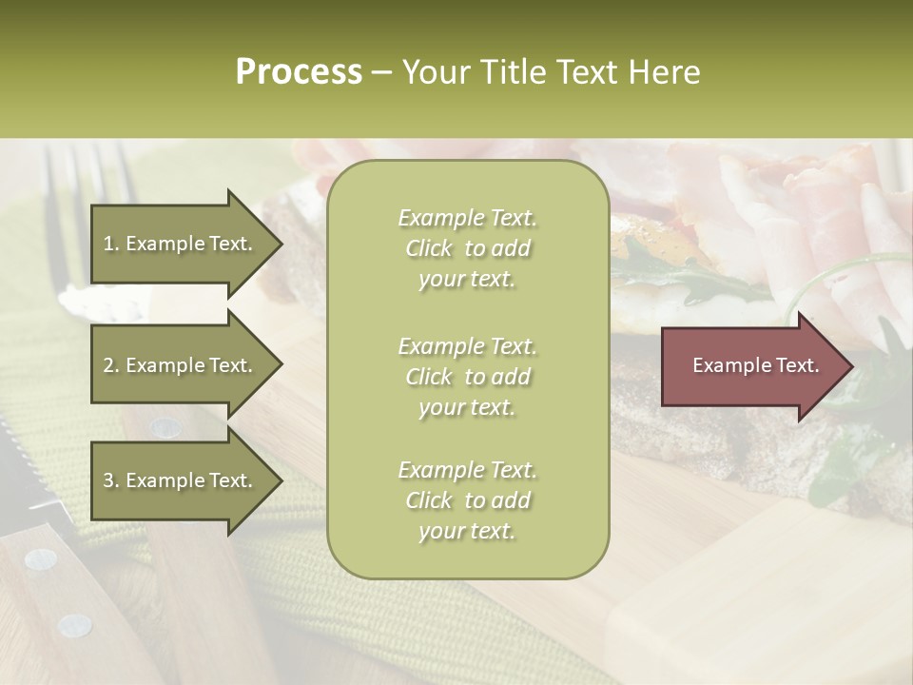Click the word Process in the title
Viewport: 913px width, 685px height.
click(299, 72)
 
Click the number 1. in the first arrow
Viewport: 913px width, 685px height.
click(111, 244)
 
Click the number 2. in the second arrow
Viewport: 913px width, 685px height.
click(111, 365)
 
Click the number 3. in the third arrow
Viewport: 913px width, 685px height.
click(111, 480)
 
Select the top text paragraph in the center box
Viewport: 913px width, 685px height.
click(467, 248)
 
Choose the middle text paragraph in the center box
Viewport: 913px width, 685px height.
click(467, 377)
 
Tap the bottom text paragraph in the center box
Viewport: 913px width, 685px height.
click(467, 500)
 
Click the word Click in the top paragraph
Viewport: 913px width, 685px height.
click(429, 249)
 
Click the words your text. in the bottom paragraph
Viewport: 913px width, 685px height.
click(467, 532)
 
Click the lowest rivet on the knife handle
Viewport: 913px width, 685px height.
click(74, 625)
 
